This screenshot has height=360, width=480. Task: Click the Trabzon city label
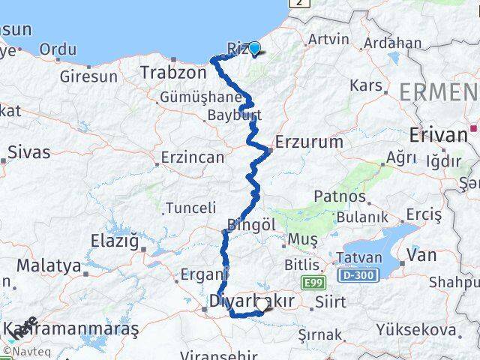172,73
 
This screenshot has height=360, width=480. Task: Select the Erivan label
439,135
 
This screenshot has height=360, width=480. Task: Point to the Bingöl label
251,225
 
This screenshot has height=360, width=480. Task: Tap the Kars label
366,85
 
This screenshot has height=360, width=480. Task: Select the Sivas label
29,151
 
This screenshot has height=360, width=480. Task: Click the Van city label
421,255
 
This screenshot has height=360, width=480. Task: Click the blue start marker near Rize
255,49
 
